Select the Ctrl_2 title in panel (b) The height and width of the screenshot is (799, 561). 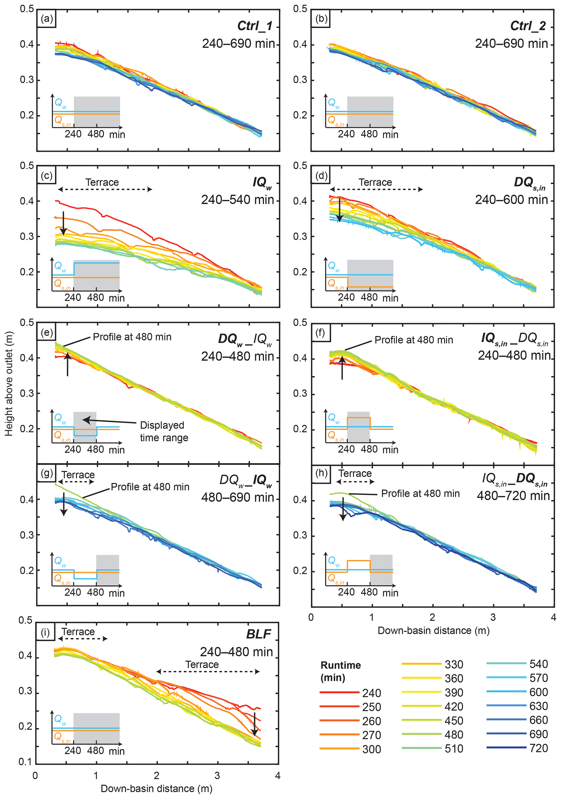click(528, 26)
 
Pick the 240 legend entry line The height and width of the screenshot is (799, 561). click(339, 693)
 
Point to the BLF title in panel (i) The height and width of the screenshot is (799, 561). click(258, 634)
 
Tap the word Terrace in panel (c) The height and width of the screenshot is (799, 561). click(102, 182)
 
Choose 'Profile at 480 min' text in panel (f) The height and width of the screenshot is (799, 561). click(414, 340)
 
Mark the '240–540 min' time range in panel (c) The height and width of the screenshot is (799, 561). click(237, 200)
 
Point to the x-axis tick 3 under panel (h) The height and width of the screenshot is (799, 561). click(493, 617)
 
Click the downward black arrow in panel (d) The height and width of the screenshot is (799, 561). click(340, 210)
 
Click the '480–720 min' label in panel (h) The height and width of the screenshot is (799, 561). click(513, 496)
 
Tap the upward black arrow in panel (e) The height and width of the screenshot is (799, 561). click(68, 364)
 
